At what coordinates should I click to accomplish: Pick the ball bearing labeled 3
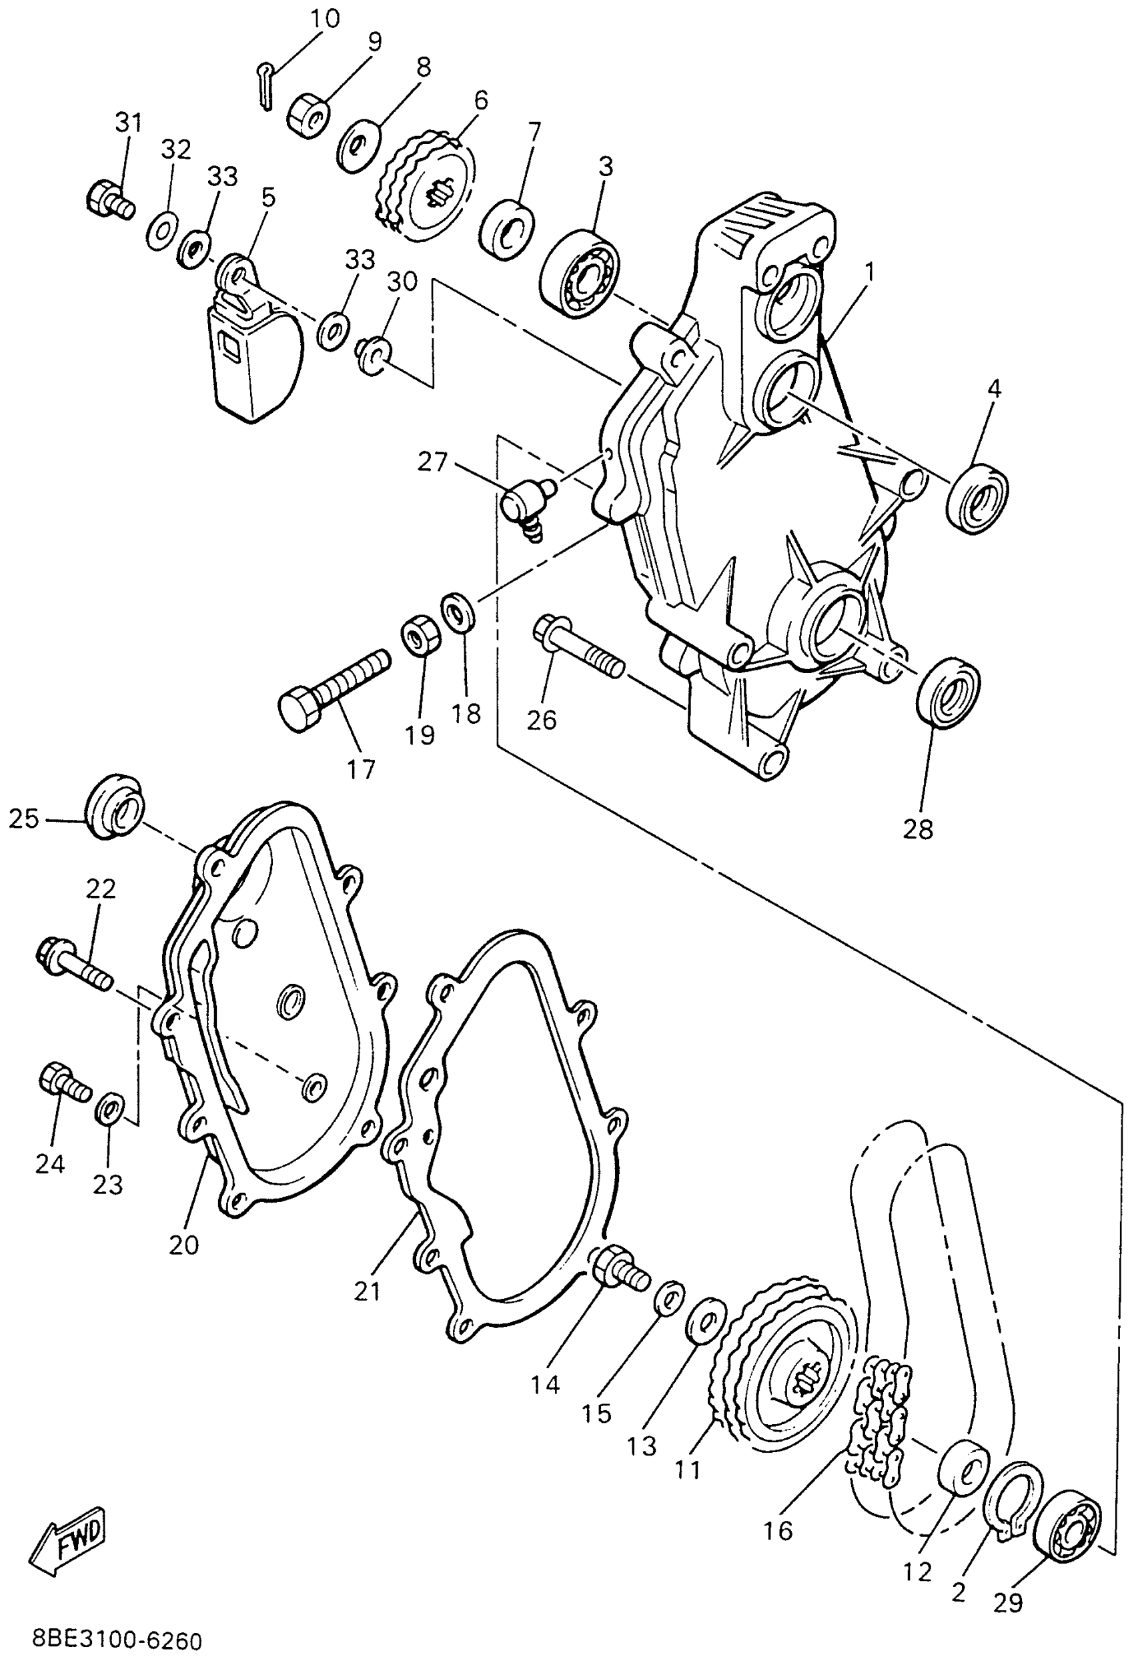580,273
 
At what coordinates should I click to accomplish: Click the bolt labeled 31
109,197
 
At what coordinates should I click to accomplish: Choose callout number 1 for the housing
869,271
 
